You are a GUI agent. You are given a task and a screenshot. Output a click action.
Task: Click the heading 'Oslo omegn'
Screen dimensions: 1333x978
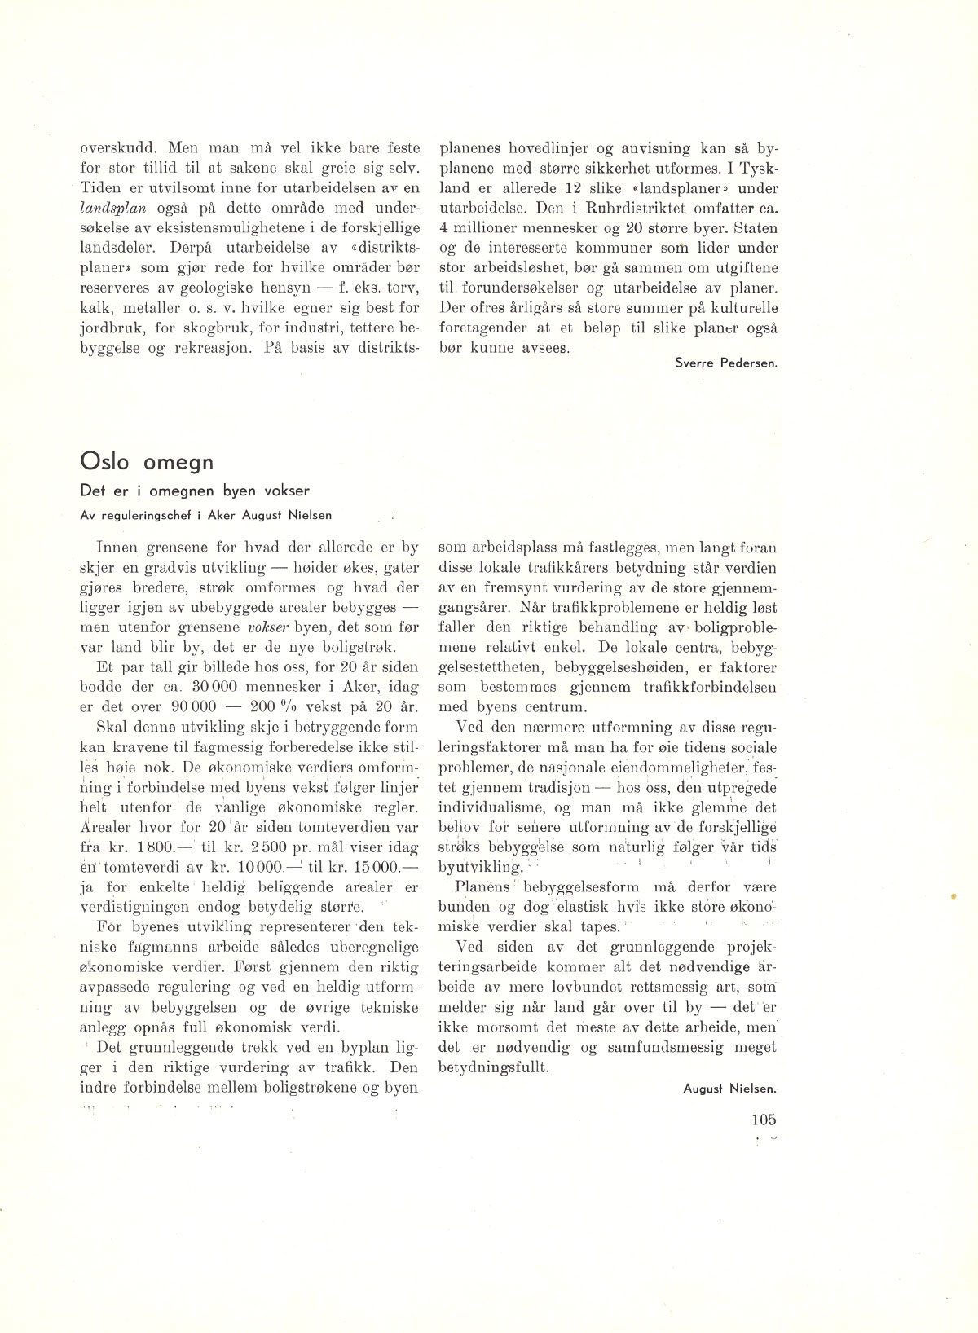tap(147, 462)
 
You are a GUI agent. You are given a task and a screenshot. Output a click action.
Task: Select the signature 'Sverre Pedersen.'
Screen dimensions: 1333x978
tap(726, 363)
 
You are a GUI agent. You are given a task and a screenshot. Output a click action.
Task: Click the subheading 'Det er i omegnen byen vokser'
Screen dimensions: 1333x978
tap(195, 491)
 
